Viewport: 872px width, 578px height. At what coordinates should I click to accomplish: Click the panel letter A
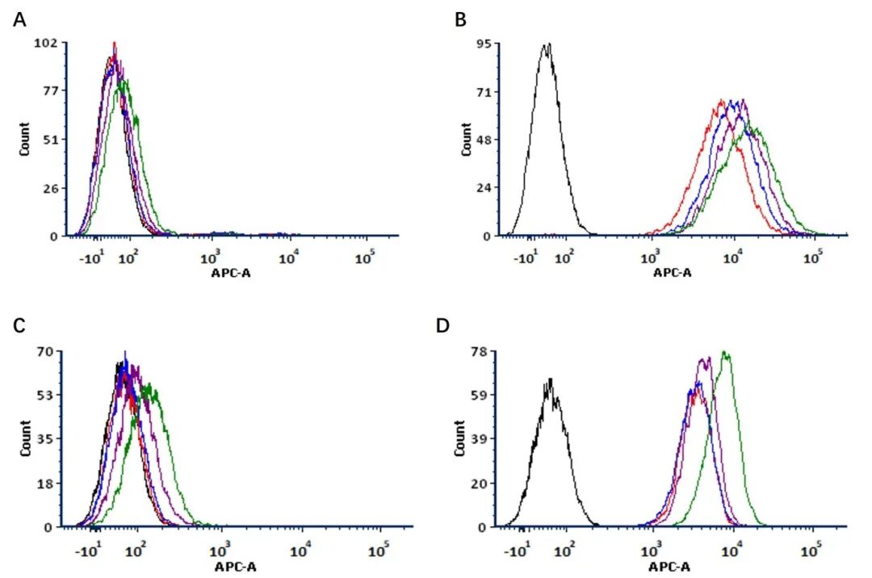click(20, 19)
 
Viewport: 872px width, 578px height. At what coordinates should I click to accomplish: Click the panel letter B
click(461, 19)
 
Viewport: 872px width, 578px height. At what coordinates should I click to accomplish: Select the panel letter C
click(20, 325)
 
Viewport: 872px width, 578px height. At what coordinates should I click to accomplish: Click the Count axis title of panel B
click(466, 139)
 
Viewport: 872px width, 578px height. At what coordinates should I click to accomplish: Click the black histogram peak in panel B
click(547, 45)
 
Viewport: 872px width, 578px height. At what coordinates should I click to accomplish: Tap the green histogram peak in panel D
click(725, 353)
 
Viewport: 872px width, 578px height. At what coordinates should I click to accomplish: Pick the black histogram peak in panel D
click(550, 379)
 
